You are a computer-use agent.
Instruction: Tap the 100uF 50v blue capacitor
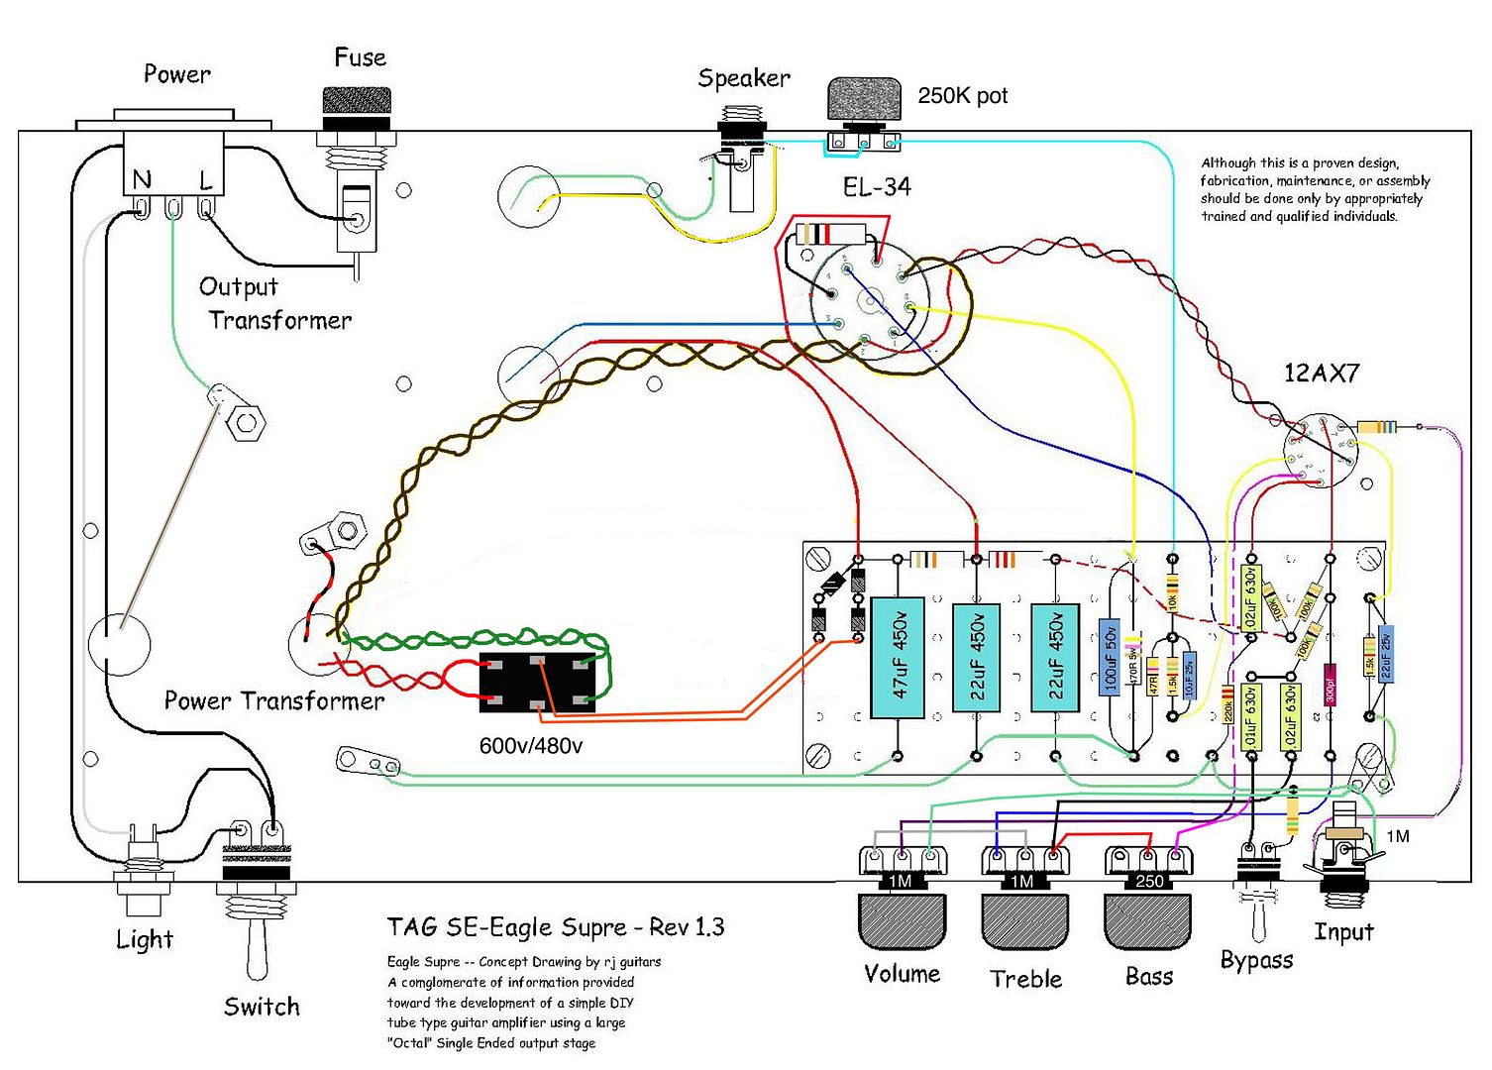[x=1110, y=658]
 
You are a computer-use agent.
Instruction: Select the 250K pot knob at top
[x=865, y=101]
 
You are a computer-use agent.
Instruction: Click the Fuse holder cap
[x=357, y=101]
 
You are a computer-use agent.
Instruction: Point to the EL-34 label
[x=877, y=186]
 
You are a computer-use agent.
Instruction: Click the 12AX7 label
[x=1322, y=374]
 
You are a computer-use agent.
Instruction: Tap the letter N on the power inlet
[x=142, y=179]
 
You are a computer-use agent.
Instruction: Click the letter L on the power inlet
[x=206, y=180]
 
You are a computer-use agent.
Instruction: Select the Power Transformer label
[x=273, y=701]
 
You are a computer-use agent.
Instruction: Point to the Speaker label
[x=744, y=78]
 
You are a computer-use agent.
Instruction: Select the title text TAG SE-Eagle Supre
[x=555, y=927]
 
